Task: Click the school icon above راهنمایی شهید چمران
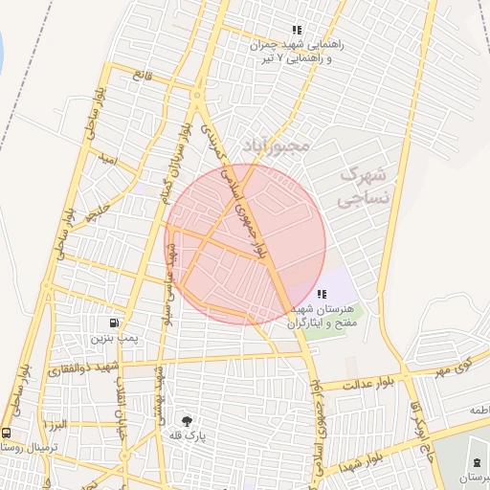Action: point(297,30)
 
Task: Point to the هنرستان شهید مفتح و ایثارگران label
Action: point(321,317)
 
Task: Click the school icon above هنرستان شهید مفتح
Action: point(319,295)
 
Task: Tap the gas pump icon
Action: point(116,323)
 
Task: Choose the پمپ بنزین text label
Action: point(116,339)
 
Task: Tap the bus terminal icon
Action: point(7,433)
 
